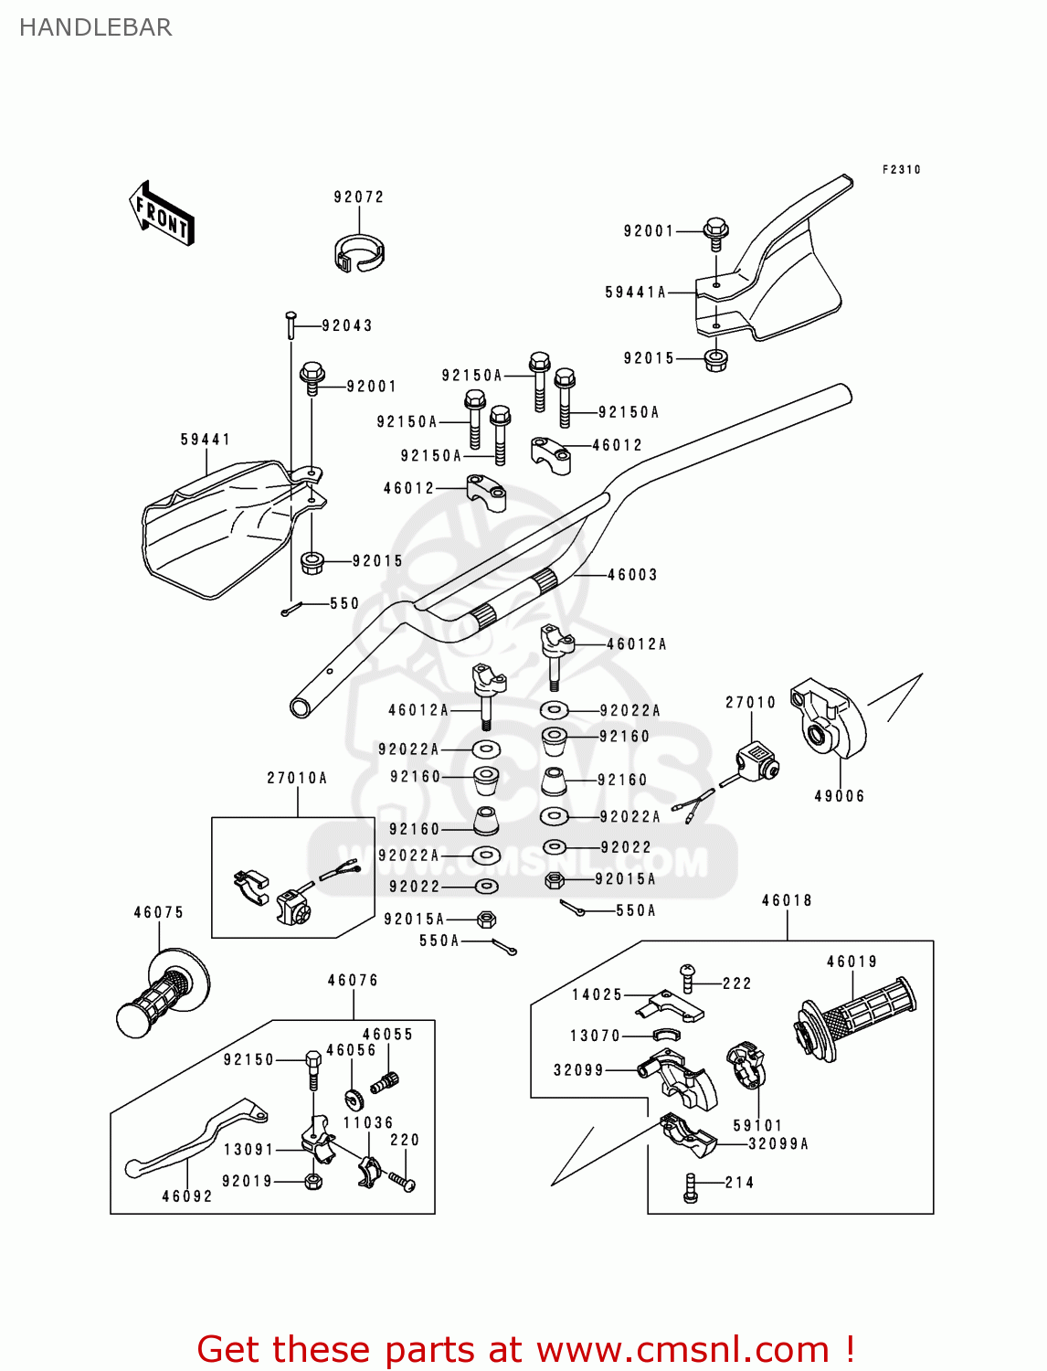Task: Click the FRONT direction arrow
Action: pyautogui.click(x=162, y=214)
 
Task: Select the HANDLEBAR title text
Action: pyautogui.click(x=95, y=27)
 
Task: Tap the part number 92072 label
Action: pyautogui.click(x=358, y=197)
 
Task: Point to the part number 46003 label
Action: pyautogui.click(x=632, y=575)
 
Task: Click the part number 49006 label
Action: pyautogui.click(x=839, y=796)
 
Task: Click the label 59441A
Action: pyautogui.click(x=636, y=292)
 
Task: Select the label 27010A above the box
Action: pyautogui.click(x=297, y=779)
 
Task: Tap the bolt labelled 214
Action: pyautogui.click(x=691, y=1188)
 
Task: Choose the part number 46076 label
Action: pyautogui.click(x=353, y=981)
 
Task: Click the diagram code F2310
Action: pyautogui.click(x=901, y=170)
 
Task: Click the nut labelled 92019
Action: pyautogui.click(x=312, y=1182)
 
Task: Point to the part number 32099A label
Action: pyautogui.click(x=778, y=1144)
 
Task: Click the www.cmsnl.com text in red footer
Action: pyautogui.click(x=682, y=1349)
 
